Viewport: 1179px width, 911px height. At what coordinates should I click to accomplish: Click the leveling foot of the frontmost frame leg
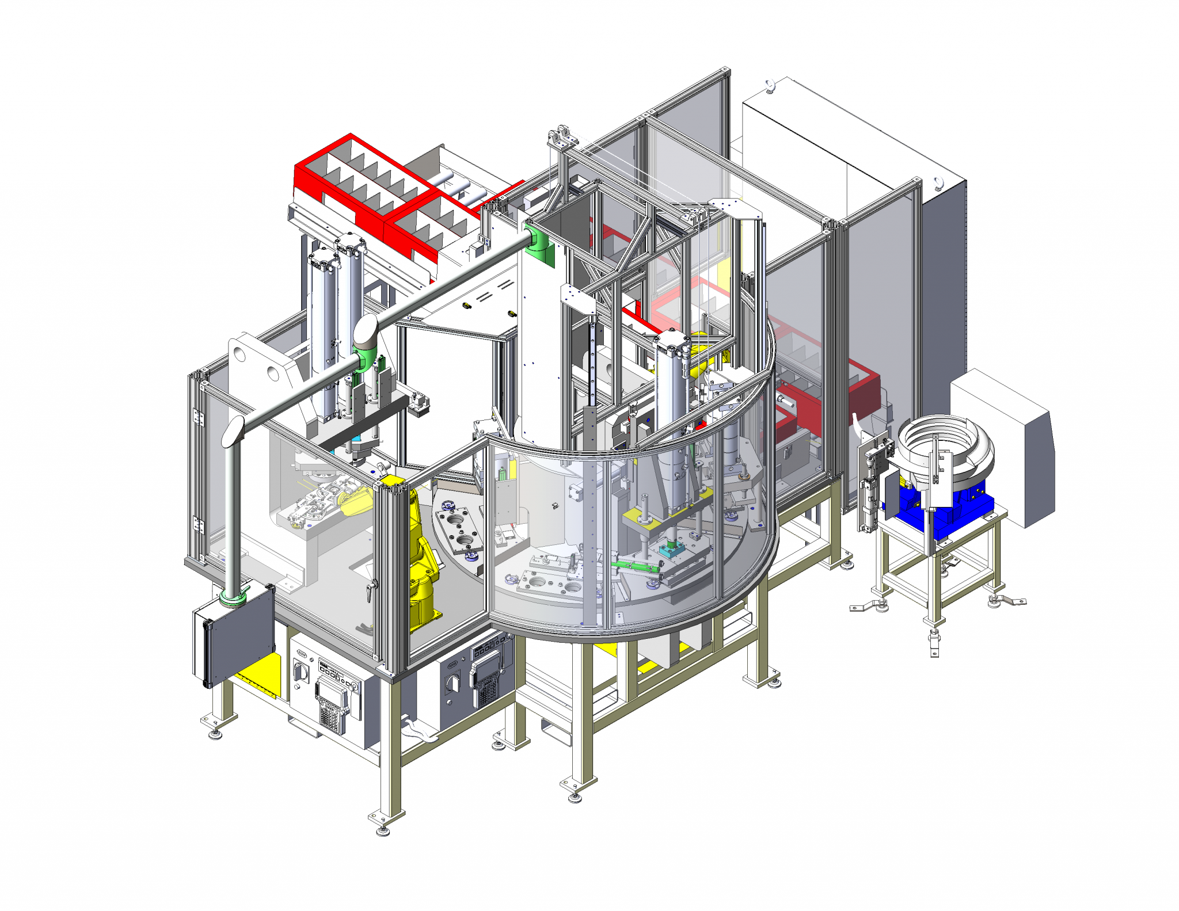point(383,830)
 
